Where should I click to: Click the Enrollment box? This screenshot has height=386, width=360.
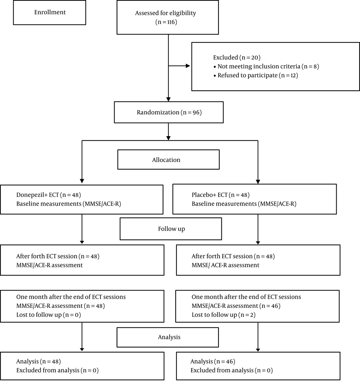[49, 12]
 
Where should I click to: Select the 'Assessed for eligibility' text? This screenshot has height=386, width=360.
[166, 13]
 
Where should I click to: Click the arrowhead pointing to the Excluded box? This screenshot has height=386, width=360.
[188, 66]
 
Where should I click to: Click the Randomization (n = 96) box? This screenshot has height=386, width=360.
[169, 112]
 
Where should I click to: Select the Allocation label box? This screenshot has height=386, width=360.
[168, 160]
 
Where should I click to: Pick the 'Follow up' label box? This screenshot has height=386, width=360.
[171, 229]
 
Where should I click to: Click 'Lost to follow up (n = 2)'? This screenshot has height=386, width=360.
[224, 315]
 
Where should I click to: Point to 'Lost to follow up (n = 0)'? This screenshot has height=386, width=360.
[49, 315]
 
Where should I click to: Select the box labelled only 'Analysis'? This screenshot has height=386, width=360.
[168, 337]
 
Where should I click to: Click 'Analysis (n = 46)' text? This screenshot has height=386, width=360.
[213, 362]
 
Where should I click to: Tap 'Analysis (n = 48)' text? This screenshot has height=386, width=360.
[39, 362]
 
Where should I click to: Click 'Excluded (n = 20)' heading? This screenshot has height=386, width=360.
[237, 58]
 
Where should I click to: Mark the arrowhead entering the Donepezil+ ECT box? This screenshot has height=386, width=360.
[82, 181]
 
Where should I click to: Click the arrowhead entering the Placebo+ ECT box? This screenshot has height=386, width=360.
[258, 182]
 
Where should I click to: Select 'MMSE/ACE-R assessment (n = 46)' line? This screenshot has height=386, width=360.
[236, 306]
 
